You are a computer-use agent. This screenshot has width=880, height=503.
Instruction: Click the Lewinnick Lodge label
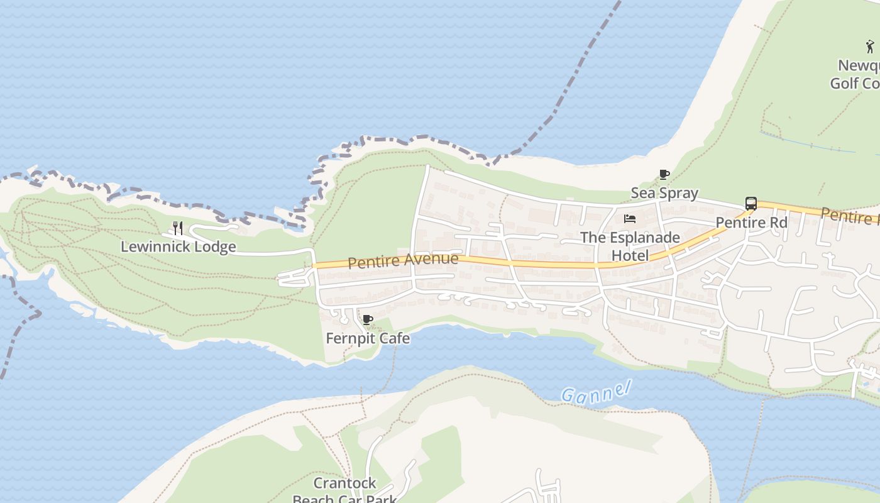(178, 246)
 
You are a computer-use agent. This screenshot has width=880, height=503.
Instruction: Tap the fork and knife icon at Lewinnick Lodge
(178, 228)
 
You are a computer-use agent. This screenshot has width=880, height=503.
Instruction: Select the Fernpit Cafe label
(368, 338)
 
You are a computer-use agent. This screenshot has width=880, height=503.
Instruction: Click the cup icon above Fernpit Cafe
(368, 320)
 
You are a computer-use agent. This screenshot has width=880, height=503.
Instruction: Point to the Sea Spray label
(664, 193)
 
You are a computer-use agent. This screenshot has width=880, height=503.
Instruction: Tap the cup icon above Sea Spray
(664, 174)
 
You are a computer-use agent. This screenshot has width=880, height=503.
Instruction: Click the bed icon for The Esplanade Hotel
(630, 219)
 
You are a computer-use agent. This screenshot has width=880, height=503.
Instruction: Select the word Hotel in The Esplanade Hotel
(630, 255)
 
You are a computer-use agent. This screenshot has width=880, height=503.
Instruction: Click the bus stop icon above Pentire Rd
(751, 204)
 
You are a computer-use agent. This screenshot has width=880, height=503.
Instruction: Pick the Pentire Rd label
(751, 223)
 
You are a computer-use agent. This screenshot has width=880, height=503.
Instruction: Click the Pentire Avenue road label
(403, 260)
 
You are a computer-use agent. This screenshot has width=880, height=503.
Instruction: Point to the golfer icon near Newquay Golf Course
(870, 47)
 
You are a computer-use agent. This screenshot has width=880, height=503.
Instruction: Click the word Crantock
(344, 483)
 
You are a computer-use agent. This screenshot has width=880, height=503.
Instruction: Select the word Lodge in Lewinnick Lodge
(215, 246)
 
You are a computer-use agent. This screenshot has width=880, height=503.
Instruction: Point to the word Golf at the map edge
(844, 84)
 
